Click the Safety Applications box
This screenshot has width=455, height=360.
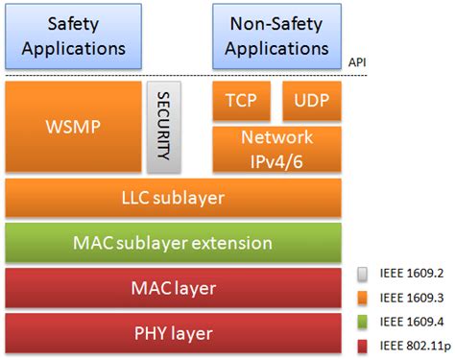[73, 34]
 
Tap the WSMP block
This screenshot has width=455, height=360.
[73, 126]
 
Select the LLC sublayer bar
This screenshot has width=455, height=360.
[175, 199]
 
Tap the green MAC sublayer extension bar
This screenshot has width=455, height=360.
[175, 243]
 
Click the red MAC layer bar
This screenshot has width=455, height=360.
[175, 287]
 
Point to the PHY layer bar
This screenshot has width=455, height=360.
[175, 332]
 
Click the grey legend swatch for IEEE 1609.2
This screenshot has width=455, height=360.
[362, 273]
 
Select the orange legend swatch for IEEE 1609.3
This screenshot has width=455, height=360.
[362, 296]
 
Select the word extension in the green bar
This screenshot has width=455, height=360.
[254, 243]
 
